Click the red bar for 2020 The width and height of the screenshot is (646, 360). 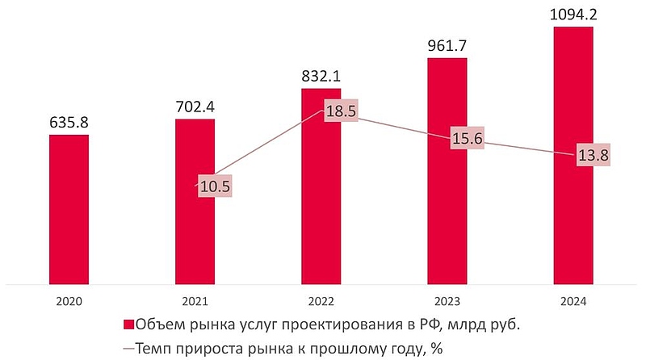pos(69,210)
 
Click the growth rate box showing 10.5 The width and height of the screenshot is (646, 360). pos(214,186)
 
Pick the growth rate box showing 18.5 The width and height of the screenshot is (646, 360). pos(340,112)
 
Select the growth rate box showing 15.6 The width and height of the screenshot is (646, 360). pos(466,139)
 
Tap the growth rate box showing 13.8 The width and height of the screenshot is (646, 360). pos(592,155)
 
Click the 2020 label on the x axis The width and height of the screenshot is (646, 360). pos(69,301)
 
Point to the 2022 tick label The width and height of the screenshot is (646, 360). pos(321,301)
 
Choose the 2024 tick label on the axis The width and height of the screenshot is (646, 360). pos(573,301)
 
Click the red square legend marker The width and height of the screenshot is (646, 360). pos(127,325)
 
